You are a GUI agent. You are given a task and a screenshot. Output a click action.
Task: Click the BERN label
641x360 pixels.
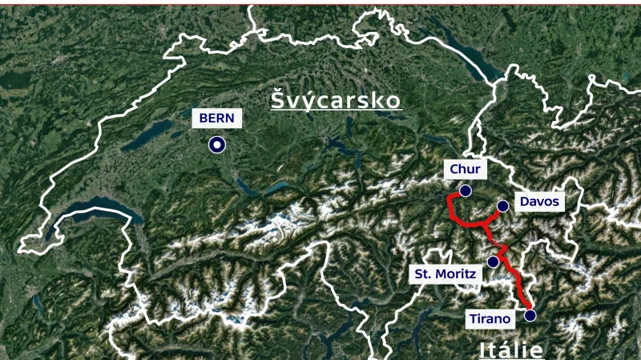[x=216, y=118]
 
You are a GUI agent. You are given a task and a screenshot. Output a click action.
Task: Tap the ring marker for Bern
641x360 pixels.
[x=216, y=145]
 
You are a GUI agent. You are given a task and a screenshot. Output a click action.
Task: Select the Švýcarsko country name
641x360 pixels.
[x=335, y=101]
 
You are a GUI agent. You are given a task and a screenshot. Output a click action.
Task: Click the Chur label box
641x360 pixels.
[x=465, y=169]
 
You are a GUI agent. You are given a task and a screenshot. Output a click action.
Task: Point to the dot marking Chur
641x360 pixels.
[x=465, y=191]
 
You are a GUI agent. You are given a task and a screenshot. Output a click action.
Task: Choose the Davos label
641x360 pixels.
[x=538, y=201]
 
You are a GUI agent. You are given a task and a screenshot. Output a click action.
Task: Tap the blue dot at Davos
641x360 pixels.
[x=502, y=206]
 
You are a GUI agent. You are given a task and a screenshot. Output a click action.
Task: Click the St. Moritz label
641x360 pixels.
[x=445, y=274]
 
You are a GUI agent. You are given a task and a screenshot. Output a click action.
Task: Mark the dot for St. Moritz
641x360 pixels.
[x=493, y=261]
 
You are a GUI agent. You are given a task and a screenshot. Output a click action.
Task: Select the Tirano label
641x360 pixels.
[x=490, y=318]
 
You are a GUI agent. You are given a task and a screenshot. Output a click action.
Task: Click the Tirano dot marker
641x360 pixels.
[x=530, y=316]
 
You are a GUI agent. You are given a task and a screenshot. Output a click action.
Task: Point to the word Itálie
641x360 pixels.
[x=511, y=350]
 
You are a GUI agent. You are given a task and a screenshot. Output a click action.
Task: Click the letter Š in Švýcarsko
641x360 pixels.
[x=278, y=100]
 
